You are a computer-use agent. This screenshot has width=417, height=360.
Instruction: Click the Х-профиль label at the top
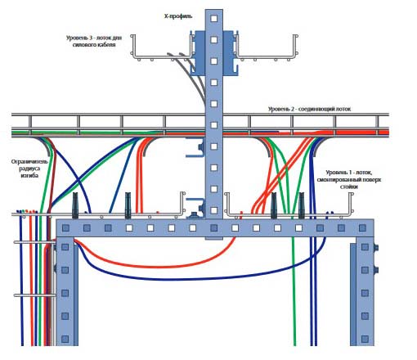coord(178,16)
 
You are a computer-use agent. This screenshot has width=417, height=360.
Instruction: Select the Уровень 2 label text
coord(281,109)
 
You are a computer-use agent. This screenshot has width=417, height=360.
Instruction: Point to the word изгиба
coord(29,175)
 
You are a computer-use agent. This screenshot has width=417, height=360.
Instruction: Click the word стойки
coord(349,187)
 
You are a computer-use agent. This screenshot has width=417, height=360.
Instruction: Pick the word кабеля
coord(106,44)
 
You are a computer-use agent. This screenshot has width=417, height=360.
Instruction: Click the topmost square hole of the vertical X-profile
coord(214,18)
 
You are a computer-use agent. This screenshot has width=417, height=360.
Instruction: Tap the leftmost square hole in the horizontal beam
coord(65,227)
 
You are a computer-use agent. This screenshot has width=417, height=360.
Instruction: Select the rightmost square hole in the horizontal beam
coord(362,227)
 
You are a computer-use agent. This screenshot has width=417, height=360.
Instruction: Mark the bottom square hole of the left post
coord(65,339)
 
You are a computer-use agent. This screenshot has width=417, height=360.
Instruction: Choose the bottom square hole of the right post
coord(365,339)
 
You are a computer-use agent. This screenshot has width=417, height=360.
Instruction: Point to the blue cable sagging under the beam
coord(196,279)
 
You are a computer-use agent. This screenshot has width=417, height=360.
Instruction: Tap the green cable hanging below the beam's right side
coord(294,292)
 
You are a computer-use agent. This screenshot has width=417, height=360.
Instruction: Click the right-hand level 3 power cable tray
coord(266,56)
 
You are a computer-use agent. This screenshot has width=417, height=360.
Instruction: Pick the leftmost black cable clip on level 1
coord(75,205)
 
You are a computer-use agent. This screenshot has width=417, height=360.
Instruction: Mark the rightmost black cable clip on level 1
coord(302,205)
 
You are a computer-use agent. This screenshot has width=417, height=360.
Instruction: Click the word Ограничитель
coord(29,162)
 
